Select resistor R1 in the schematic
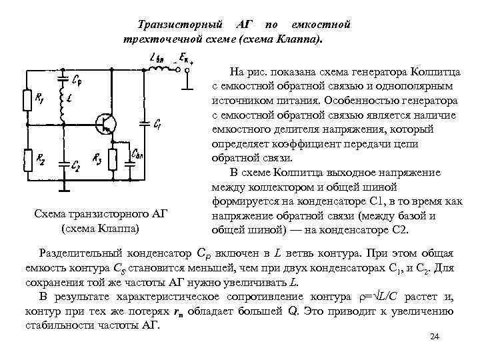pos(28,101)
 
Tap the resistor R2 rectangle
pos(28,161)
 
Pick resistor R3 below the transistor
pos(112,161)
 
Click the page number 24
pos(435,339)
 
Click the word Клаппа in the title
pos(297,39)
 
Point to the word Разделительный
pos(84,254)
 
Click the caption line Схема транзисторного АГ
pos(100,213)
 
